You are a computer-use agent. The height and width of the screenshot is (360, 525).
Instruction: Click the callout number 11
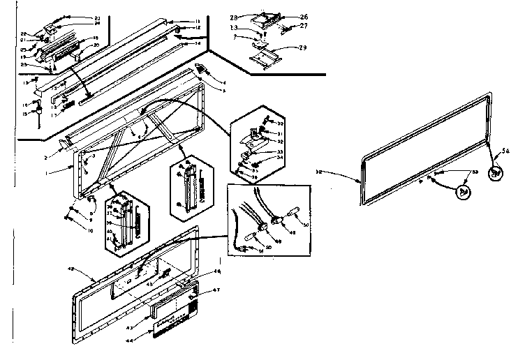point(198,21)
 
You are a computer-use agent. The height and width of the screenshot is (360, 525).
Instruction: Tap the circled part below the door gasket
point(463,190)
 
